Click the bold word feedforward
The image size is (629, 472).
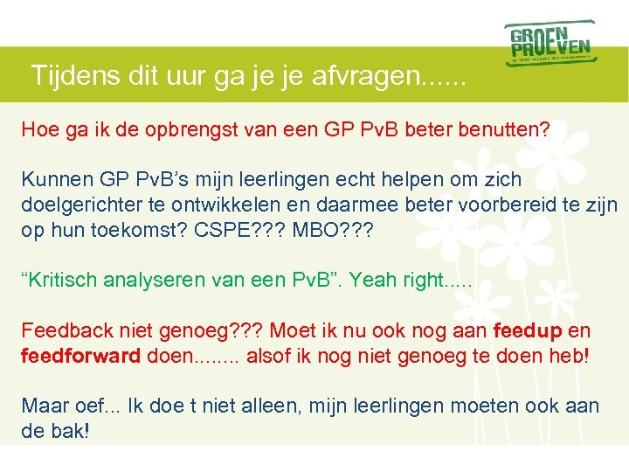pos(80,356)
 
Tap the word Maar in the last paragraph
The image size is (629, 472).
pos(41,406)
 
